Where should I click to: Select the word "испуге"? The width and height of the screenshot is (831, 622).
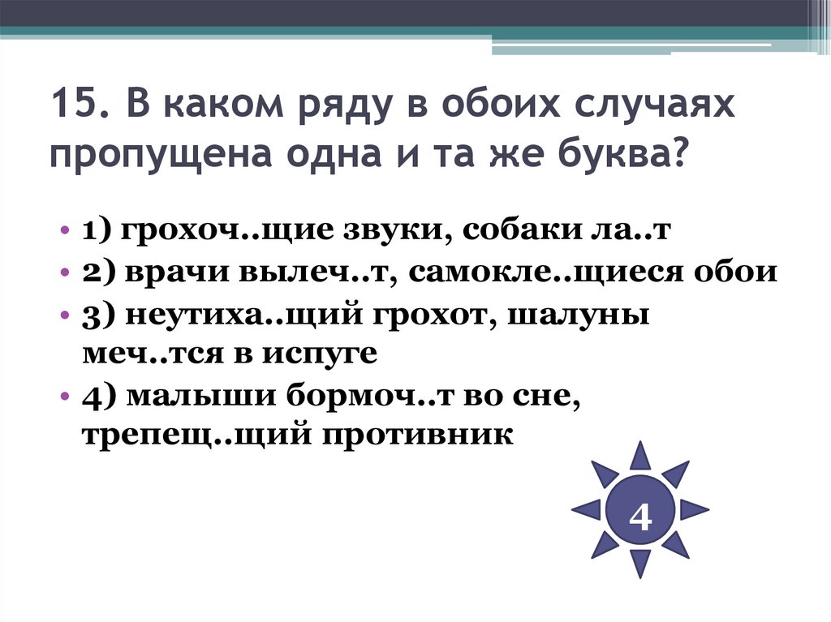pos(325,354)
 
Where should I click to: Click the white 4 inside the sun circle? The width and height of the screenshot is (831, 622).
pos(640,516)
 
